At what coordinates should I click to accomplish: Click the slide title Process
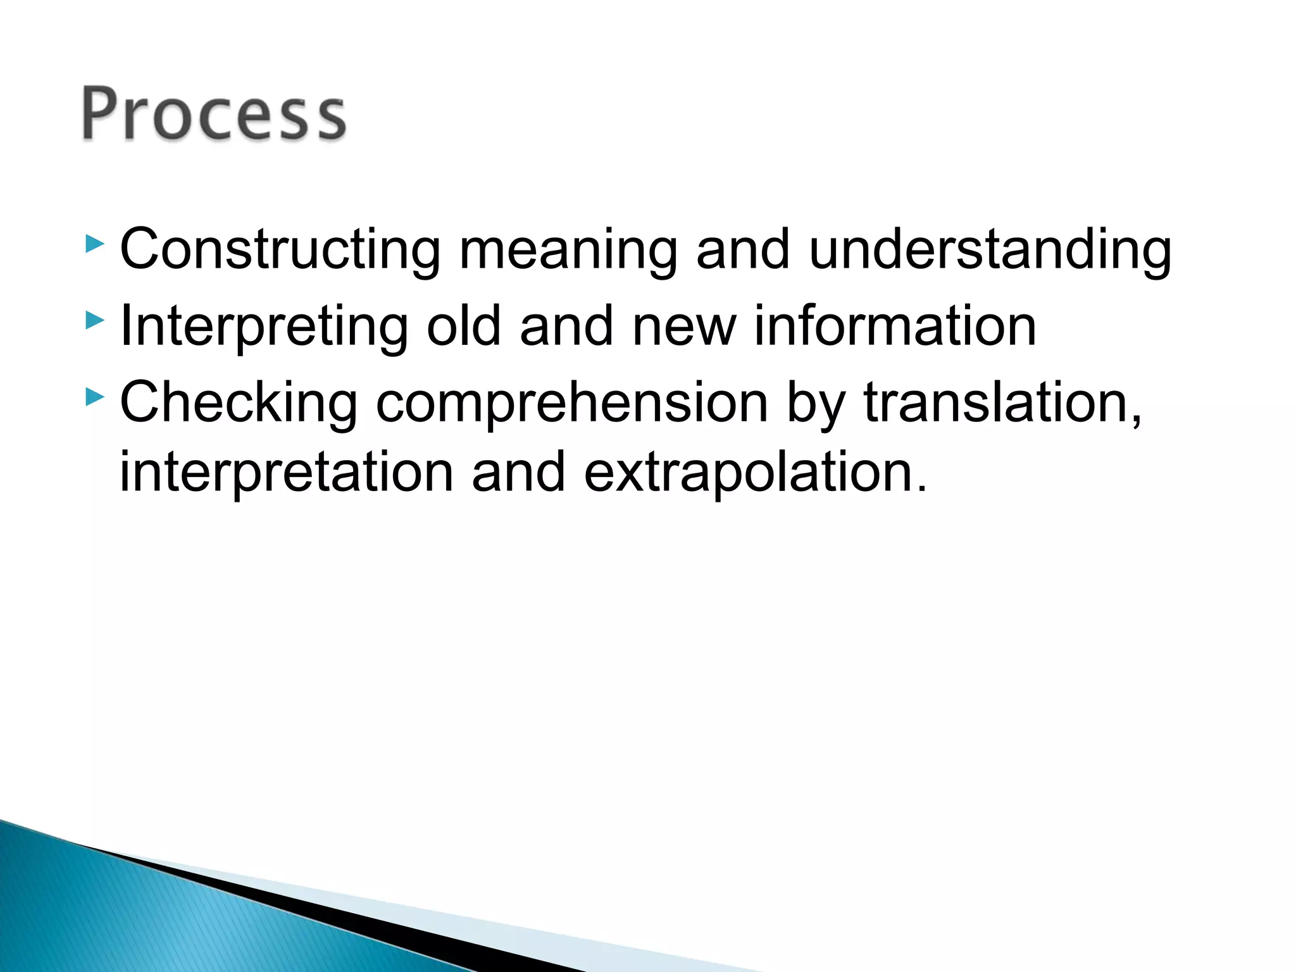coord(214,114)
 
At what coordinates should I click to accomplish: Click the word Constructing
coord(280,251)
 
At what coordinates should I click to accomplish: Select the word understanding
coord(990,251)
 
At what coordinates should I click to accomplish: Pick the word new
coord(684,327)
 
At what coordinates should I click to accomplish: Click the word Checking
coord(239,404)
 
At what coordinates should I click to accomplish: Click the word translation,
coord(1002,404)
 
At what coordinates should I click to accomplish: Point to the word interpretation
coord(286,473)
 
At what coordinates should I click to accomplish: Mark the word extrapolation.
coord(754,473)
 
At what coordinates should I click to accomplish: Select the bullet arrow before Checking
coord(94,397)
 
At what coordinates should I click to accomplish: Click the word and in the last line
coord(518,473)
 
